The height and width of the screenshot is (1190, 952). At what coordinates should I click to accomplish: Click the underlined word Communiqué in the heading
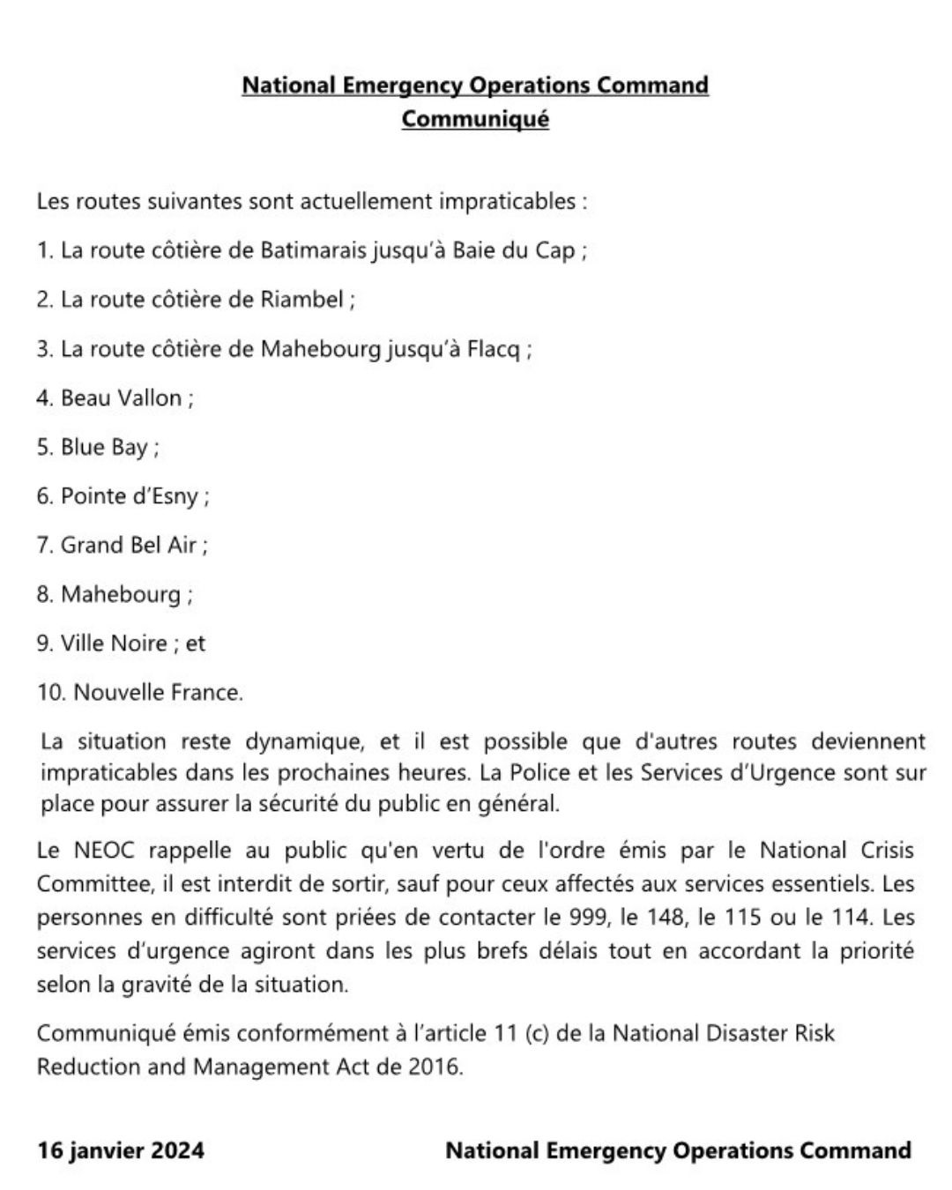point(475,118)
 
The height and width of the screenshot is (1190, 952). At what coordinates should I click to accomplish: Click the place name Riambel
point(301,300)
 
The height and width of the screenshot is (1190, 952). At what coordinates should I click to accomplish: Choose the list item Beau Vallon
point(121,398)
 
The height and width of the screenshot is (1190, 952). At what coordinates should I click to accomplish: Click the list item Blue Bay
point(104,447)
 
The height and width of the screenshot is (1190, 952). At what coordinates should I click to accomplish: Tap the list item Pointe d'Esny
point(129,496)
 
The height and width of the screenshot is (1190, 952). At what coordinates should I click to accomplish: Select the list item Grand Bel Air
point(128,545)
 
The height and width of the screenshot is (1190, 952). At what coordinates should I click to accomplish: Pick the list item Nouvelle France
point(157,693)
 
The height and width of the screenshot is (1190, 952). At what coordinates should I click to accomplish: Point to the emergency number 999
point(588,917)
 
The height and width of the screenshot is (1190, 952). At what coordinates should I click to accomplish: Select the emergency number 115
point(742,917)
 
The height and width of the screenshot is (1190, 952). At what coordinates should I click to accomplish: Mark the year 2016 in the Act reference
point(434,1067)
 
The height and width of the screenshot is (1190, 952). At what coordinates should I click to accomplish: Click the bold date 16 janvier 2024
point(121,1150)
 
